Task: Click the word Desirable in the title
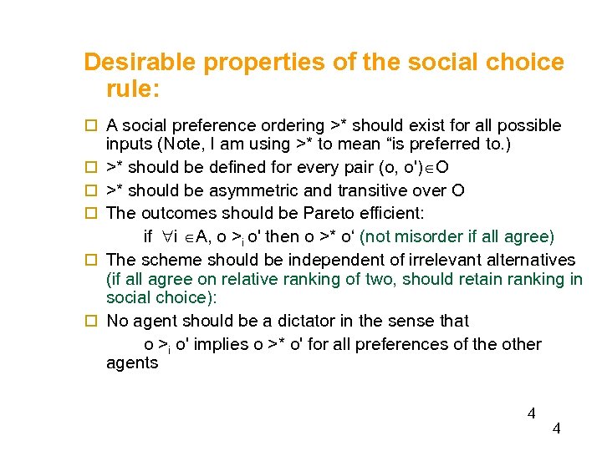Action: click(x=142, y=63)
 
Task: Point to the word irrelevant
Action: click(x=421, y=260)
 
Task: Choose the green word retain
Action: click(x=481, y=279)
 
